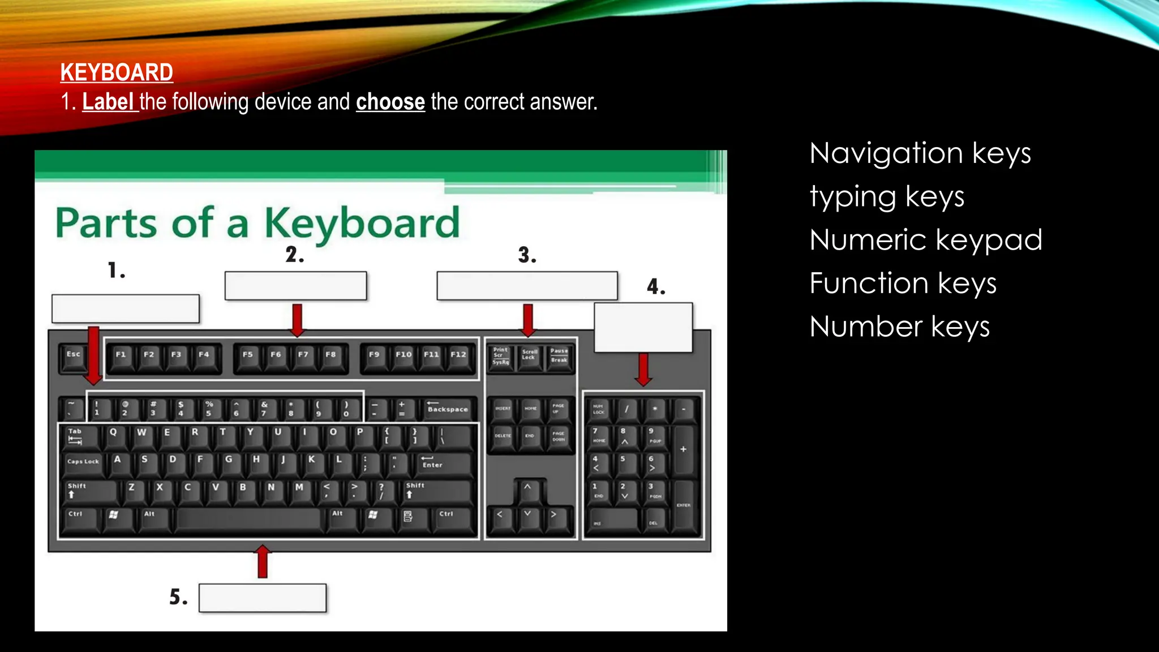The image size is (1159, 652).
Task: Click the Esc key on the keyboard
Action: pos(74,357)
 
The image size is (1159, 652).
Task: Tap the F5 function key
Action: pos(248,357)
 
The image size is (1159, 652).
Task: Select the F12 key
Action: pos(458,357)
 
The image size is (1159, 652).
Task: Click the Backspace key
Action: pos(448,409)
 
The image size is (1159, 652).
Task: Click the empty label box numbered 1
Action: pos(125,308)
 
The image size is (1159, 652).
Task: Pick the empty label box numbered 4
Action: pos(643,327)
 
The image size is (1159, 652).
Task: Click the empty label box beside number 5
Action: pos(263,598)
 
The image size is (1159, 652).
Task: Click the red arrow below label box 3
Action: pos(528,320)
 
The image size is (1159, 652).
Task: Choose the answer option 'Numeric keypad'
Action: pos(926,240)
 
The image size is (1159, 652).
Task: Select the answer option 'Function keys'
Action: pos(903,284)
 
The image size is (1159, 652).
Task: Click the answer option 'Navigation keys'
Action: pos(920,153)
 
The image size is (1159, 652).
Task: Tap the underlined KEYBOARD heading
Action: pos(117,72)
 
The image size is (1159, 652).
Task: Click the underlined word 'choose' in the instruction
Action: pos(390,102)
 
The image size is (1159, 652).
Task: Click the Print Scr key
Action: pos(501,357)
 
